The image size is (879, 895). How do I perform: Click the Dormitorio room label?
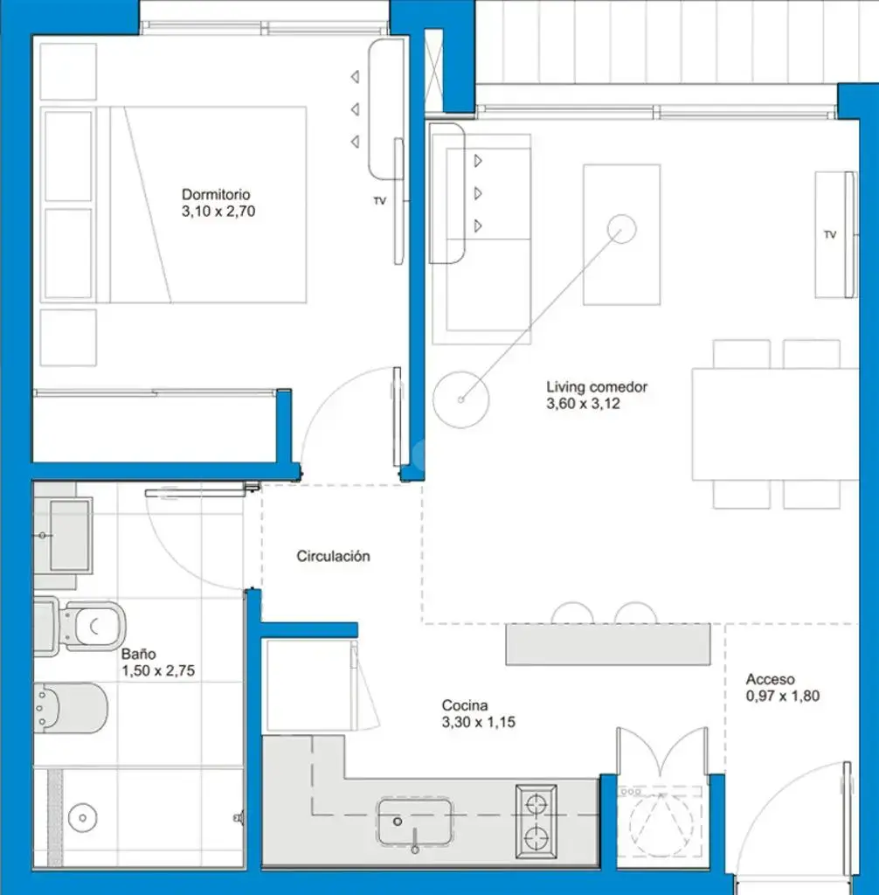(216, 195)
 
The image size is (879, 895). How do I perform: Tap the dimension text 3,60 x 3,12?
(583, 404)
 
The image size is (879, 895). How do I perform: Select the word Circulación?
(333, 557)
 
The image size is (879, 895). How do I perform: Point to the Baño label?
(138, 654)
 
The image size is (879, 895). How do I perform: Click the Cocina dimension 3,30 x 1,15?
(478, 722)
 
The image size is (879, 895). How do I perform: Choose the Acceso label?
(770, 679)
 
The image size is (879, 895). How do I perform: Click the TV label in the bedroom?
(379, 201)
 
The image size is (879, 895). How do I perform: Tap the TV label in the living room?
(830, 234)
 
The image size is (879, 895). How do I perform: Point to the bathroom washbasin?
(63, 536)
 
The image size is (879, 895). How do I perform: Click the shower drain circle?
(83, 818)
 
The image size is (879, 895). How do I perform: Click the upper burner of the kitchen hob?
(536, 805)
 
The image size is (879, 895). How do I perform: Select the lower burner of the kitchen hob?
(536, 838)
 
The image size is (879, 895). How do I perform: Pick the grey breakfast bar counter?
(608, 644)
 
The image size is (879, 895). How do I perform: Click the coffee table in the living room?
(621, 234)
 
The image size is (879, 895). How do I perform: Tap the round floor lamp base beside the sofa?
(461, 399)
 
